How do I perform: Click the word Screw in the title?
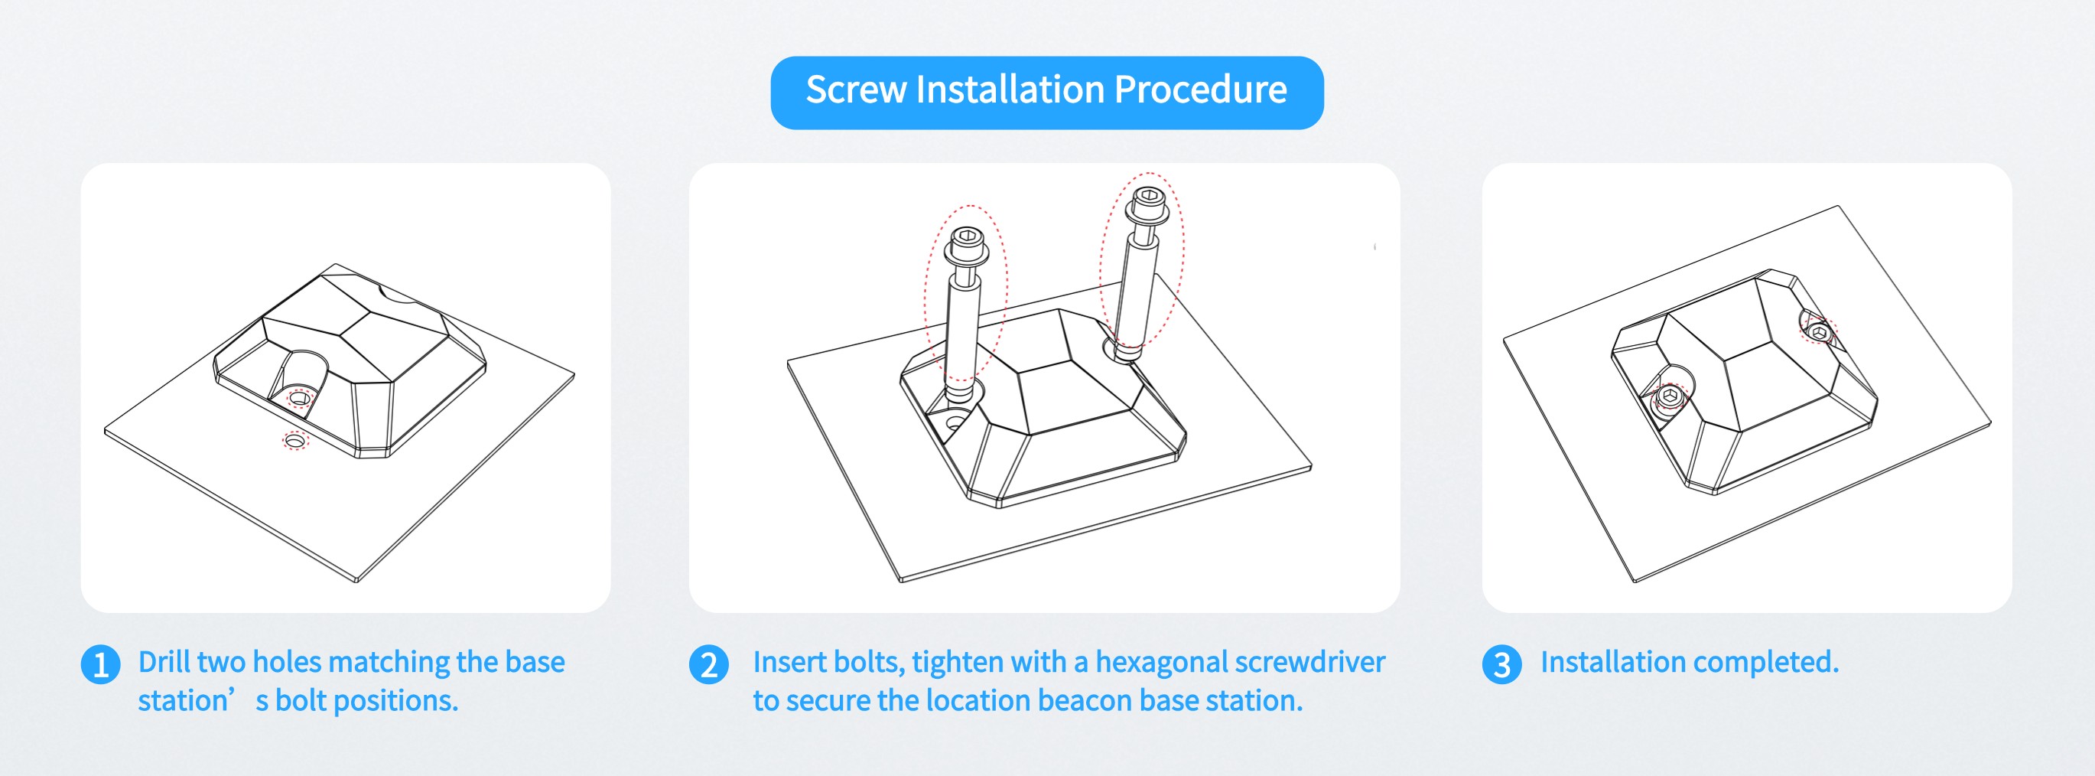[x=856, y=90]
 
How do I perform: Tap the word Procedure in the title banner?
[x=1200, y=90]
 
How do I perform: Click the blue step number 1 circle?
[x=101, y=664]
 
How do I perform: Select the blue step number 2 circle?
[x=708, y=664]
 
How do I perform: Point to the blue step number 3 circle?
[x=1501, y=664]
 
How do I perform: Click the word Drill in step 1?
[x=164, y=662]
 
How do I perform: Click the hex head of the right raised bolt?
[x=1147, y=196]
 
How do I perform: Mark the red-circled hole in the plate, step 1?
[x=294, y=441]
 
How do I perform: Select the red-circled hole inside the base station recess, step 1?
[x=299, y=399]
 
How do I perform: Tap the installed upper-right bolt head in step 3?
[x=1820, y=333]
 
